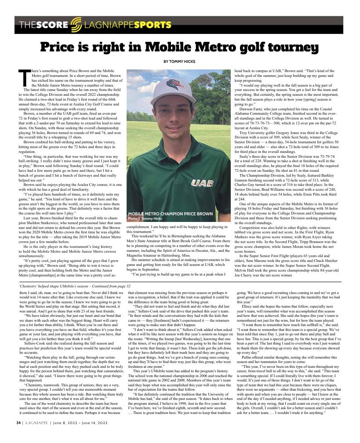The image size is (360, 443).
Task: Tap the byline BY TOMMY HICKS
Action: [x=180, y=61]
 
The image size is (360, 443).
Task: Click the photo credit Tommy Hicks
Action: [x=150, y=218]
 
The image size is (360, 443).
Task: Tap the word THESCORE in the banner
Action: [x=44, y=25]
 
